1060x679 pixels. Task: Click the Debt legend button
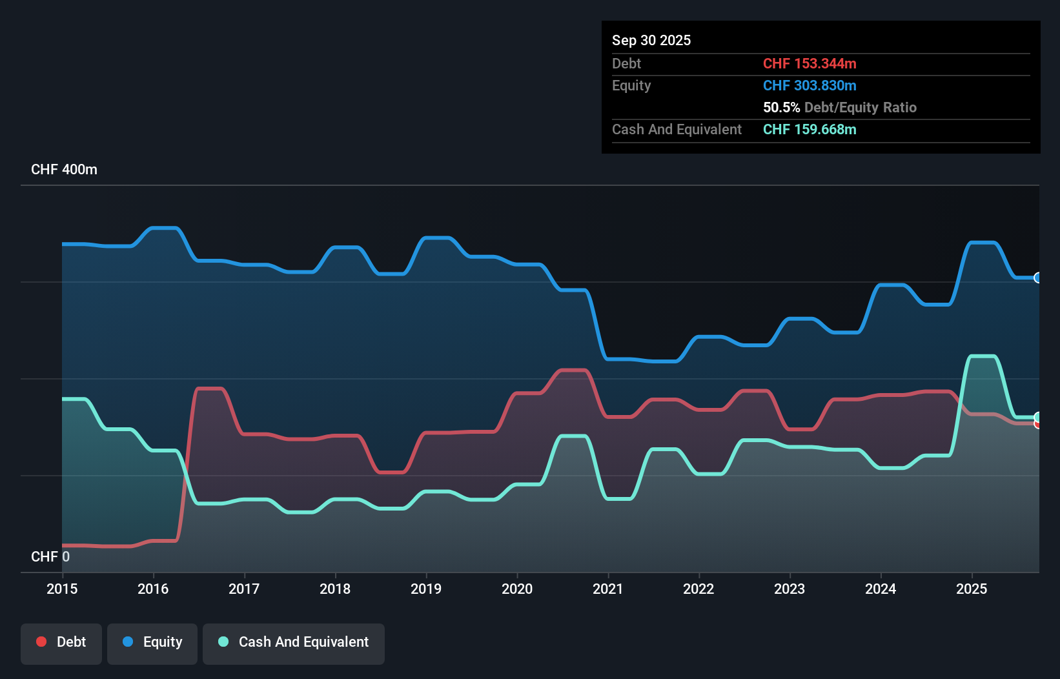click(61, 643)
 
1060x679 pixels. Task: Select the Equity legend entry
click(152, 643)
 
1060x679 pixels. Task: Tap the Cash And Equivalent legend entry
click(294, 643)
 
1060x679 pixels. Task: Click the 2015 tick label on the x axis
click(62, 589)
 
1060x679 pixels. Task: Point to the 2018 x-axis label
click(335, 589)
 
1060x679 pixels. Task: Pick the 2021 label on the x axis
click(608, 589)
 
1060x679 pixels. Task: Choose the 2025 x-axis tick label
click(972, 589)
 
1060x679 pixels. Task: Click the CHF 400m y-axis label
click(64, 170)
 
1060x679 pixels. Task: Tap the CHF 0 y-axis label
click(50, 556)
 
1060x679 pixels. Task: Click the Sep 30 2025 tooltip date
click(651, 41)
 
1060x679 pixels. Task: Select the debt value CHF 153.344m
click(810, 64)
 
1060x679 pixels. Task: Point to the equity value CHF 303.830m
click(810, 86)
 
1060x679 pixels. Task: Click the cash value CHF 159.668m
click(810, 130)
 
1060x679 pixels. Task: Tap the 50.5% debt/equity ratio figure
click(781, 108)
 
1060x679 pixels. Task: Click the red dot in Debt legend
click(41, 642)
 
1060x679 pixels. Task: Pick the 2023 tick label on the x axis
click(790, 589)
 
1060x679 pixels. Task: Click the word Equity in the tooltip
click(631, 86)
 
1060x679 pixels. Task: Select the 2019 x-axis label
click(426, 589)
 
